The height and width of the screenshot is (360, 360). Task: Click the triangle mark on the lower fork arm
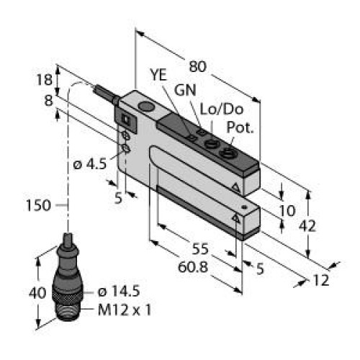click(x=236, y=217)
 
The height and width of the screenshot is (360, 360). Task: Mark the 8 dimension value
click(x=49, y=101)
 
